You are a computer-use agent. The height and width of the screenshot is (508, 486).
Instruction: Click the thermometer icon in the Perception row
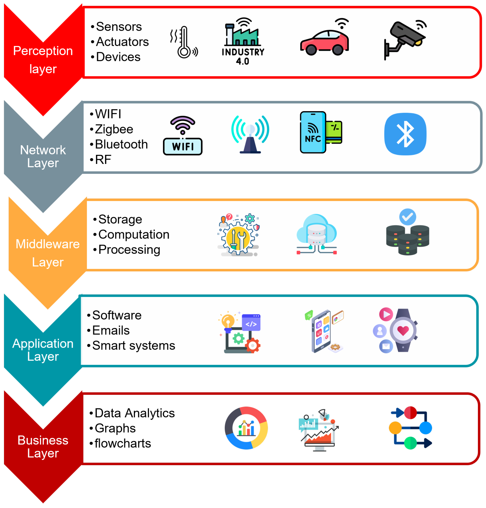click(184, 42)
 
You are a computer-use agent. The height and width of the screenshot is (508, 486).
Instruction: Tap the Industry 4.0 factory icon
click(243, 41)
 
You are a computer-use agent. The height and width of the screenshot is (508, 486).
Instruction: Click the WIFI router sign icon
click(182, 136)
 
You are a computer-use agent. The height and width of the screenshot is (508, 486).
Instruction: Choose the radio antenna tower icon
click(250, 134)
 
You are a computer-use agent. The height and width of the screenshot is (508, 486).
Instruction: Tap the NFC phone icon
click(320, 132)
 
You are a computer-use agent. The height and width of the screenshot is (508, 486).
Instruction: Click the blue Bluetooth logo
click(405, 134)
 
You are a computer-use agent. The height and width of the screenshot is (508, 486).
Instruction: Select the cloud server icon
click(316, 234)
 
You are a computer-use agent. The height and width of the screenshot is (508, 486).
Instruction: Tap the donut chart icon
click(246, 428)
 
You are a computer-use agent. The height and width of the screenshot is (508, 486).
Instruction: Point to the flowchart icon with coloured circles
click(410, 428)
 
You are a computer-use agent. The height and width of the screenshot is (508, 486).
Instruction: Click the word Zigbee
click(114, 129)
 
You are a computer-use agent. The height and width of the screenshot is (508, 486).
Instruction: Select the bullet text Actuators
click(122, 42)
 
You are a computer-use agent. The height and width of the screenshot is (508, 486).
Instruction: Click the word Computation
click(134, 234)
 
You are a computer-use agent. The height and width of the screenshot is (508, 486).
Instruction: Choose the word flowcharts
click(123, 443)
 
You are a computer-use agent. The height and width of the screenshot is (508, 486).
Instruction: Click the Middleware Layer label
click(48, 253)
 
